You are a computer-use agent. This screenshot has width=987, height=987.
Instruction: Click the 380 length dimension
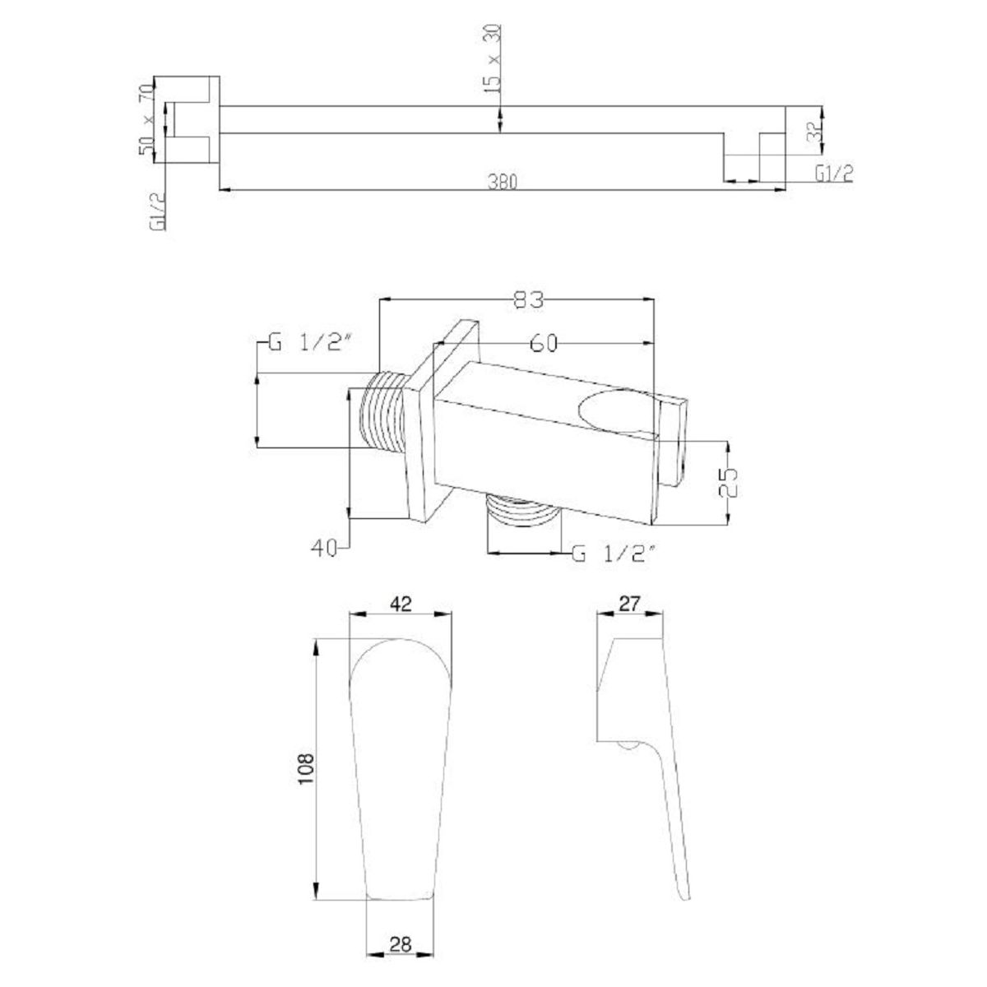click(502, 182)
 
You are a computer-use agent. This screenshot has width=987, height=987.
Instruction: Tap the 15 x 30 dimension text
click(492, 59)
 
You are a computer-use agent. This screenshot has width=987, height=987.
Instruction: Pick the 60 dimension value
click(543, 343)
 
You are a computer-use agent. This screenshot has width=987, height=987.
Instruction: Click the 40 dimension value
click(324, 549)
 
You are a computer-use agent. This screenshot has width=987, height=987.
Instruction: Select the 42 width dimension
click(401, 604)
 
